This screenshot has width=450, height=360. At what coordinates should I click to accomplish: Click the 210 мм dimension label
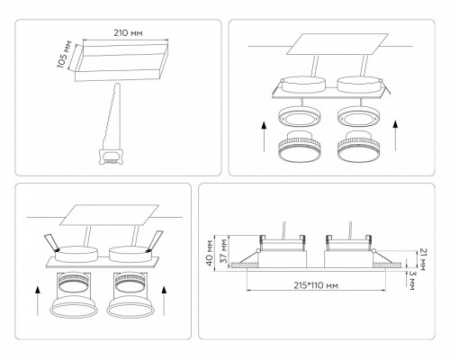pos(128,32)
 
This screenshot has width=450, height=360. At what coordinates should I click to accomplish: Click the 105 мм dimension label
pos(65,54)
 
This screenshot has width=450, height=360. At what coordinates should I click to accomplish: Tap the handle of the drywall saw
pos(111,157)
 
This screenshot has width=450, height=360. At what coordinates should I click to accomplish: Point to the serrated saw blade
pos(113,117)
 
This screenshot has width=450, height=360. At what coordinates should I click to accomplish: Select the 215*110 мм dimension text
pos(316,285)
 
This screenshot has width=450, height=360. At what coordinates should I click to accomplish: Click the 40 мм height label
pos(210,252)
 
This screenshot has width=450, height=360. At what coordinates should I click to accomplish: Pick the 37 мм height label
pos(224,251)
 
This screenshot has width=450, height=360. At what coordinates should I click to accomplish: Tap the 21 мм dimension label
pos(421,259)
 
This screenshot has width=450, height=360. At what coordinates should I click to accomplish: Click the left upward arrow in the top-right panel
pos(264,136)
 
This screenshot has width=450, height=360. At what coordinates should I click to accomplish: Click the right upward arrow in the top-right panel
pos(396,135)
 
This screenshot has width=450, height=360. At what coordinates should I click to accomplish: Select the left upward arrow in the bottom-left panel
pos(38,301)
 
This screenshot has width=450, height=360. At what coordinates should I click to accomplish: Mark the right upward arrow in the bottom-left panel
pos(164,301)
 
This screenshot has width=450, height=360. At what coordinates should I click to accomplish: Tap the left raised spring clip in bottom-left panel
pos(51,242)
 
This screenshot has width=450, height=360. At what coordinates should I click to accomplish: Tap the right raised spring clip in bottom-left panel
pos(154,241)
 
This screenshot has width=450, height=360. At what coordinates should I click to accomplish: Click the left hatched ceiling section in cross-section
pos(245,265)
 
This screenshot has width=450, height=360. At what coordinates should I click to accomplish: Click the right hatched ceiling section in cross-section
pos(387,265)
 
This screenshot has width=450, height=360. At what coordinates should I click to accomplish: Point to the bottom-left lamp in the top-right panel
pos(300,146)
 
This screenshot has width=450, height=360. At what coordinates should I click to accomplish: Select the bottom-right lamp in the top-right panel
pos(358,146)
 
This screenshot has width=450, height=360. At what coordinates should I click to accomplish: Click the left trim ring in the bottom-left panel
pos(74,308)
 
